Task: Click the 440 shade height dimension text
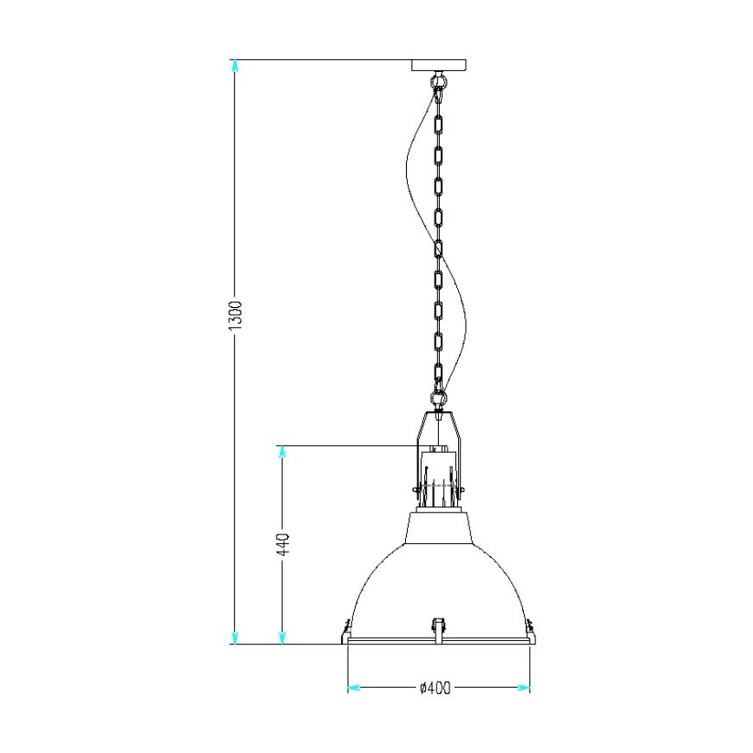pyautogui.click(x=283, y=545)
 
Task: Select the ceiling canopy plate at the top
pyautogui.click(x=439, y=65)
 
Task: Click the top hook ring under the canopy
pyautogui.click(x=439, y=82)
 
